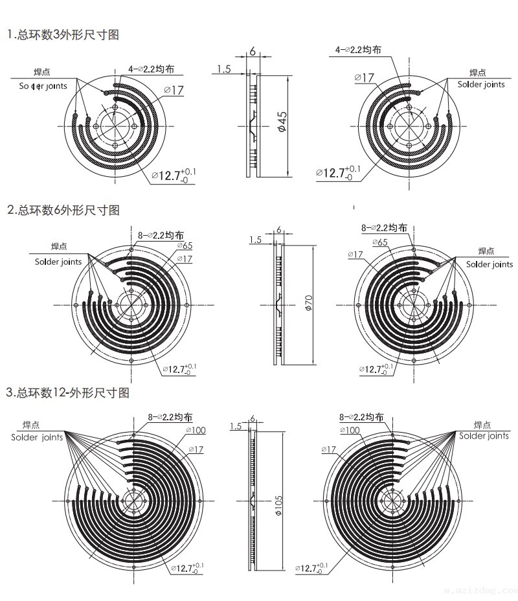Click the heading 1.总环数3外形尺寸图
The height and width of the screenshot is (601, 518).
click(x=63, y=35)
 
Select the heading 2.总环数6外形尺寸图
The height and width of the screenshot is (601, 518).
click(x=63, y=210)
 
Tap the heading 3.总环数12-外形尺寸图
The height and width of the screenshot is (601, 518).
click(x=68, y=392)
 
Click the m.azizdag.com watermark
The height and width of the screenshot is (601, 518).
click(x=482, y=591)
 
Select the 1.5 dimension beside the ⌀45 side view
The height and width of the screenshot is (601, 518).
click(x=224, y=69)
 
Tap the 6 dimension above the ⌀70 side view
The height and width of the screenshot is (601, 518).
click(x=278, y=229)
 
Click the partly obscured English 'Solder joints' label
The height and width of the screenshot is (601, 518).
click(x=43, y=85)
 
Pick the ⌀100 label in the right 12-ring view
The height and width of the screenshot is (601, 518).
click(x=350, y=430)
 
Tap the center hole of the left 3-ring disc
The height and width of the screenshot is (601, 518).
click(x=115, y=124)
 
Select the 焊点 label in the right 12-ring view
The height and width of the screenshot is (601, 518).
click(x=482, y=425)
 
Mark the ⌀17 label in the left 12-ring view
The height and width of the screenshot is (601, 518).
click(x=196, y=449)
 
